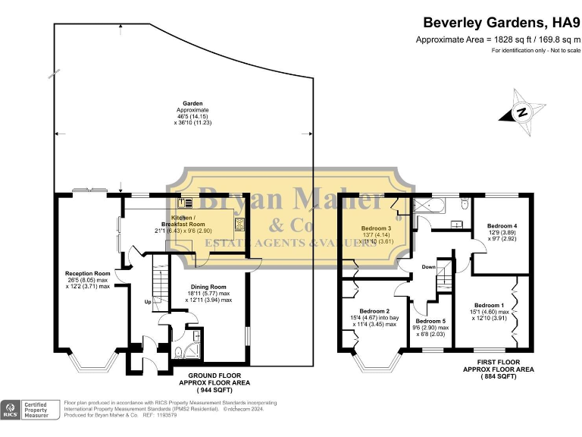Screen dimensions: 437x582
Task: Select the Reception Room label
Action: point(88,273)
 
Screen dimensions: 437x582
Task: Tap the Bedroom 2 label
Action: point(374,311)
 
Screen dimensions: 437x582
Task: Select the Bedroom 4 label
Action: point(502,226)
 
